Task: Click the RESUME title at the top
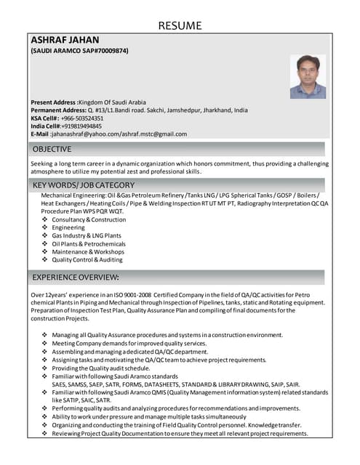point(180,25)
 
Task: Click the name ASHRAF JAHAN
point(65,39)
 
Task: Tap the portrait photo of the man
point(308,76)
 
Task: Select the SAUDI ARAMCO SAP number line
point(79,52)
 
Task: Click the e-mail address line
point(109,134)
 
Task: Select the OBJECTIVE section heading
point(52,149)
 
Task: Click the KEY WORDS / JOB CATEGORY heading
point(84,185)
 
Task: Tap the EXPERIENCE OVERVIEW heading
point(76,278)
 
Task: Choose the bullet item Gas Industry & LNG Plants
point(87,235)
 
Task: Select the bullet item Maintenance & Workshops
point(88,251)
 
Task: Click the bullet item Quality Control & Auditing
point(87,259)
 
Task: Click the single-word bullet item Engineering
point(68,227)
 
